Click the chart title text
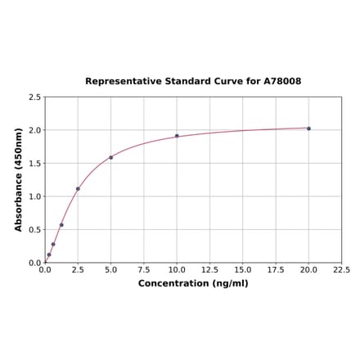point(193,82)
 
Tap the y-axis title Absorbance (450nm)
point(19,179)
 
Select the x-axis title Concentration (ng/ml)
point(193,283)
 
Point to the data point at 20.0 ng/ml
point(308,129)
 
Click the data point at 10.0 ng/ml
point(177,136)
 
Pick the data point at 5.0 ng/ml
point(110,157)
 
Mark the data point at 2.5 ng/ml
point(78,189)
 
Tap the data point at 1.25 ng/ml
point(61,225)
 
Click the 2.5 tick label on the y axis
point(35,97)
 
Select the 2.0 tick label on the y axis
point(35,130)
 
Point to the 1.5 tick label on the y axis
point(35,164)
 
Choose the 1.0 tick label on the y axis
point(35,196)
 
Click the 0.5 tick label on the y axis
point(35,230)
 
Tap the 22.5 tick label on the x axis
point(341,269)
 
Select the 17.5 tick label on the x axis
point(276,269)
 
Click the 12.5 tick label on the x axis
point(209,269)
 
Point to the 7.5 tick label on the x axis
point(143,269)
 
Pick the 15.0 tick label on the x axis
point(242,269)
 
